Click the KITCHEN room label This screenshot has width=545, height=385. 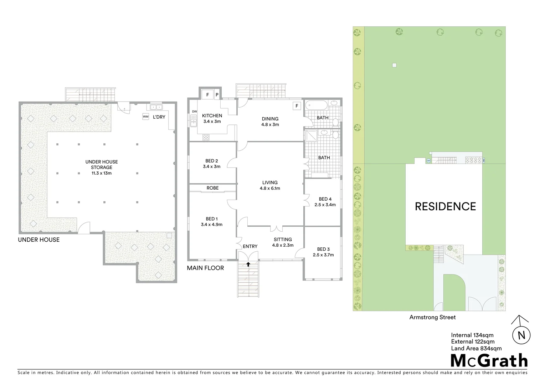pos(212,116)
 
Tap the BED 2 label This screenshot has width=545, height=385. pos(212,161)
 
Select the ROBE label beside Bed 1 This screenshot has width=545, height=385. pos(212,188)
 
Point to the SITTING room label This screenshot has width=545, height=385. pos(283,240)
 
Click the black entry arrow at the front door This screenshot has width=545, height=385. pos(248,264)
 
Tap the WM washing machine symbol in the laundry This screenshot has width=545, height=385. pos(145,117)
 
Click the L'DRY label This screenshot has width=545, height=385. pos(159,117)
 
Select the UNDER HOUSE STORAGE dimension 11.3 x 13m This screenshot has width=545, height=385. pos(102,173)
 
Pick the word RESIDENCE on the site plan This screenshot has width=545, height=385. pos(445,207)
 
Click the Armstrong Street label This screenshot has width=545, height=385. pos(432,317)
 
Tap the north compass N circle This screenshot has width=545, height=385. pos(521,335)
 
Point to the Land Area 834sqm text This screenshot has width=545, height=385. pos(476,349)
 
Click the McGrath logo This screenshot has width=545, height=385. pos(489,361)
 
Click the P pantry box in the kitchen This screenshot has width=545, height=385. pos(217,95)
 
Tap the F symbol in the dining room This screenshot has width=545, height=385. pos(296,106)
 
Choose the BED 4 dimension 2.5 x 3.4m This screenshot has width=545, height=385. pos(325,205)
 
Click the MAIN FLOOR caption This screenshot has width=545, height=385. pos(205,268)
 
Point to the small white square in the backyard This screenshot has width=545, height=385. pos(394,65)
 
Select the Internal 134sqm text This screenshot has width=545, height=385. pos(472,335)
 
